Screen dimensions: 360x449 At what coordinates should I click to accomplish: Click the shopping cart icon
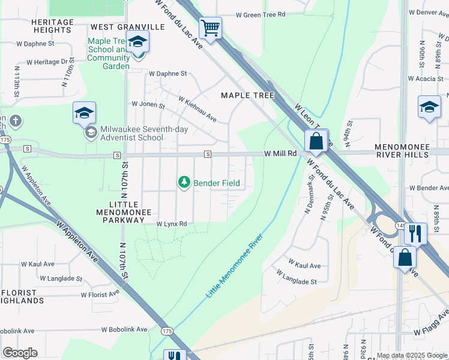point(211,28)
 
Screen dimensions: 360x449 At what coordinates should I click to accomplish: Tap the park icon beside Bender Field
point(184,182)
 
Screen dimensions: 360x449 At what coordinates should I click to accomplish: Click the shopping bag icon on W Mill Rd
point(315,142)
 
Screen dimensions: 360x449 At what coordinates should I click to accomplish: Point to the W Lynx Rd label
point(172,224)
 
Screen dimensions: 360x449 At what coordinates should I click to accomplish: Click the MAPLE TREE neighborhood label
point(247,95)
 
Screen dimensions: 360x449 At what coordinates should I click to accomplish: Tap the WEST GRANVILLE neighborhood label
point(127,27)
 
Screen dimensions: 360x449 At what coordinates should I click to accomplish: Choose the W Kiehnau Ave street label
point(197,109)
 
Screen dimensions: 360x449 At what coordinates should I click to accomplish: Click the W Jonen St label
point(148,105)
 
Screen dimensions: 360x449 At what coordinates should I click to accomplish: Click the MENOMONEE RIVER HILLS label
point(411,151)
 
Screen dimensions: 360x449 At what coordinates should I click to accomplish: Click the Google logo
point(20,352)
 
